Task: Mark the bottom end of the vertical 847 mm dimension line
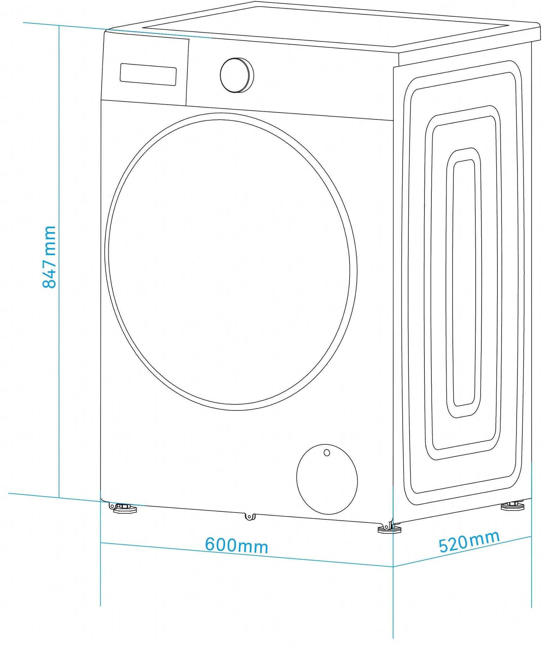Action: (x=59, y=498)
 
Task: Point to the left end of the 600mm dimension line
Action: (x=100, y=543)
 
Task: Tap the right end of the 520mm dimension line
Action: (x=532, y=536)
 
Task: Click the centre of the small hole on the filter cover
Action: (x=327, y=453)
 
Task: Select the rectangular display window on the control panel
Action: (x=148, y=74)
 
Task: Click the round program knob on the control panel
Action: (x=237, y=75)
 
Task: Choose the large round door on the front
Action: (x=231, y=262)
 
